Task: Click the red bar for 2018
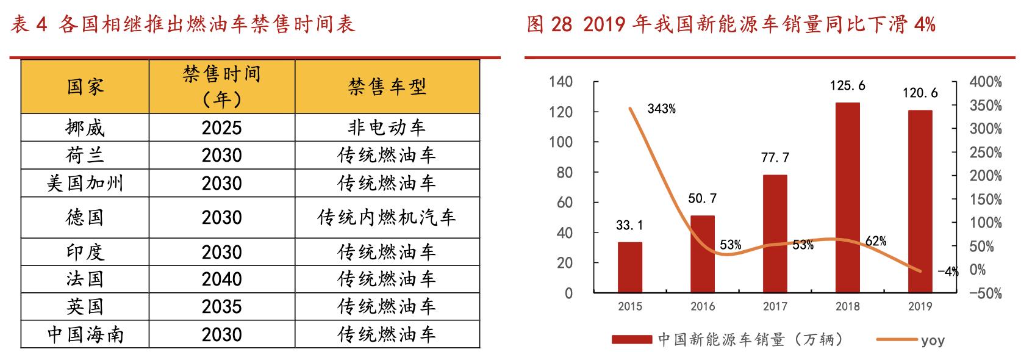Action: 847,198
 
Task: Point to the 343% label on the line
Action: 661,110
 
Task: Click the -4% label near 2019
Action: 948,272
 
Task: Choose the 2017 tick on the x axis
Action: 775,306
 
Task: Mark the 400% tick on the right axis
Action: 986,82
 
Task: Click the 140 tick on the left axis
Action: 561,82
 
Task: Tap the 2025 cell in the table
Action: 221,128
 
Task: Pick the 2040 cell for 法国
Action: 221,279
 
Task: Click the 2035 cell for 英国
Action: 221,306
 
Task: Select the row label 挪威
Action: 85,128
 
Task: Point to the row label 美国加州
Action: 85,183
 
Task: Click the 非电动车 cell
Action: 387,128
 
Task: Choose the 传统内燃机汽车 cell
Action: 387,217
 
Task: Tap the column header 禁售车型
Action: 387,87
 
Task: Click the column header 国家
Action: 85,87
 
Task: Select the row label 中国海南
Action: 85,334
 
